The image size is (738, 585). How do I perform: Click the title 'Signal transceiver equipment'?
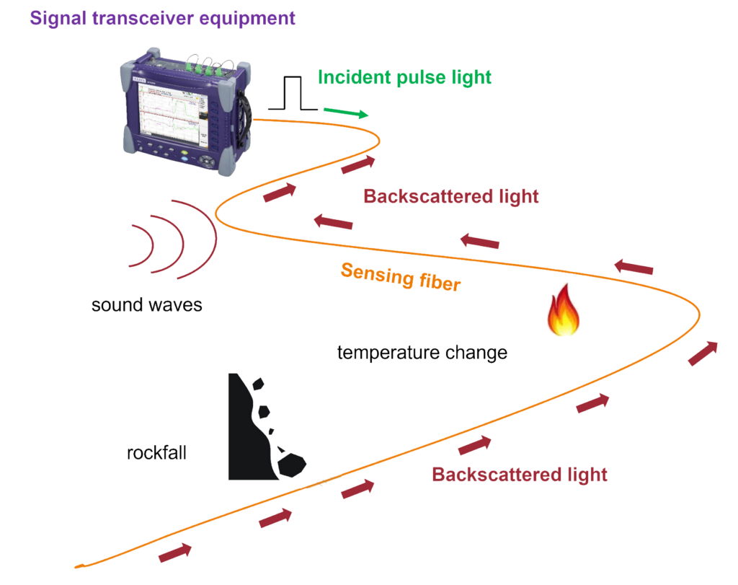click(163, 18)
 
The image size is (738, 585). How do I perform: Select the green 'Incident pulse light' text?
click(405, 77)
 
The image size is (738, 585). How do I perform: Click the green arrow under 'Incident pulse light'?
click(346, 112)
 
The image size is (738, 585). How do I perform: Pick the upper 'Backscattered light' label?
click(451, 196)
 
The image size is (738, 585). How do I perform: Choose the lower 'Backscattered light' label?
click(520, 475)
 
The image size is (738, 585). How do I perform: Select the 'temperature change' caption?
click(422, 353)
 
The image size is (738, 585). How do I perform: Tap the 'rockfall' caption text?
click(156, 454)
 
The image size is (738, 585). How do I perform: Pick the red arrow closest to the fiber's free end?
click(175, 553)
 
